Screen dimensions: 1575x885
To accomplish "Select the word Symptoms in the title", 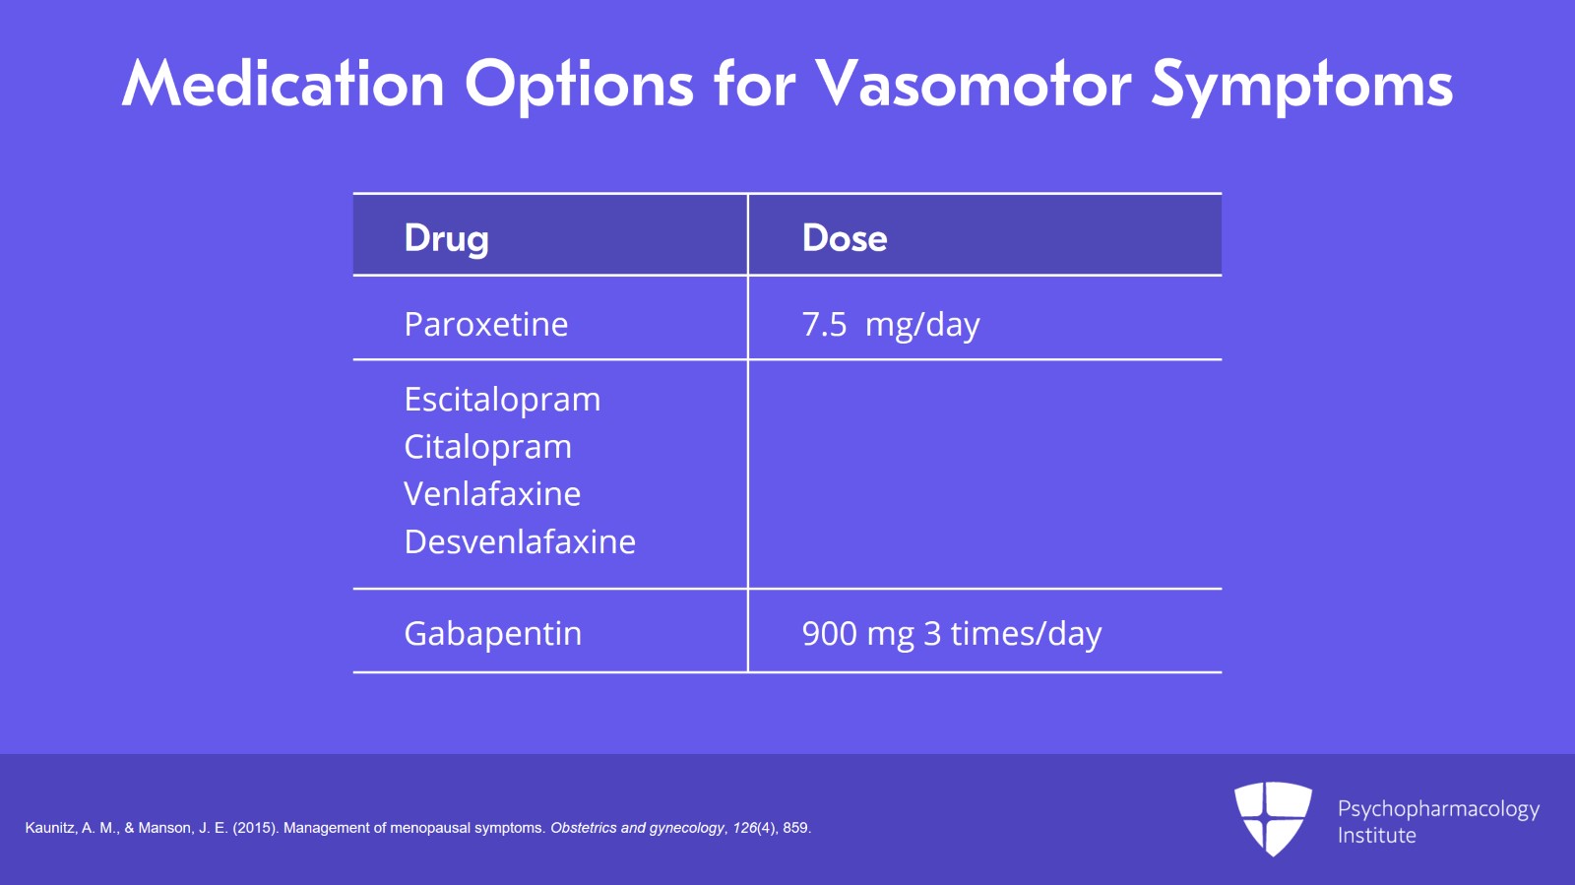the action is click(x=1302, y=86).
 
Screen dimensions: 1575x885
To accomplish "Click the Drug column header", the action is click(x=447, y=238).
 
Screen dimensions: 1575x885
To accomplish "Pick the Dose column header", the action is click(x=845, y=237).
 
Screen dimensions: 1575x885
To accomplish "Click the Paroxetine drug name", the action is click(x=486, y=324).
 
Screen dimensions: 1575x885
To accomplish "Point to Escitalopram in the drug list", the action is click(x=502, y=400).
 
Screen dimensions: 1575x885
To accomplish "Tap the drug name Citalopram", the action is click(x=488, y=447).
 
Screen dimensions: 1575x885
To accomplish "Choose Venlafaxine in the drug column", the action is click(x=492, y=493).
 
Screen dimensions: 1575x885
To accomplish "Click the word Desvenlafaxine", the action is click(x=520, y=541).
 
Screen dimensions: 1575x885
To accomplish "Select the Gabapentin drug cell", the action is click(x=493, y=634).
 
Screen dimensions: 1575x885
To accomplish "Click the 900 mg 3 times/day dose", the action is click(x=952, y=634).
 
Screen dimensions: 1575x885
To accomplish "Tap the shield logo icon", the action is click(x=1273, y=819).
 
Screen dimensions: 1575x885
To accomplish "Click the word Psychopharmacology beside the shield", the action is click(x=1438, y=810).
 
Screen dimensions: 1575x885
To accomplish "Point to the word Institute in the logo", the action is click(x=1377, y=835).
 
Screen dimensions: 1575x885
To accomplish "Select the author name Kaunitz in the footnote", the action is click(x=50, y=828).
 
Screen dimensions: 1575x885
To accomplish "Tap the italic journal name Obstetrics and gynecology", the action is click(x=637, y=828).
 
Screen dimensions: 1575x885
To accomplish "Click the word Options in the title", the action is click(x=580, y=86).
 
